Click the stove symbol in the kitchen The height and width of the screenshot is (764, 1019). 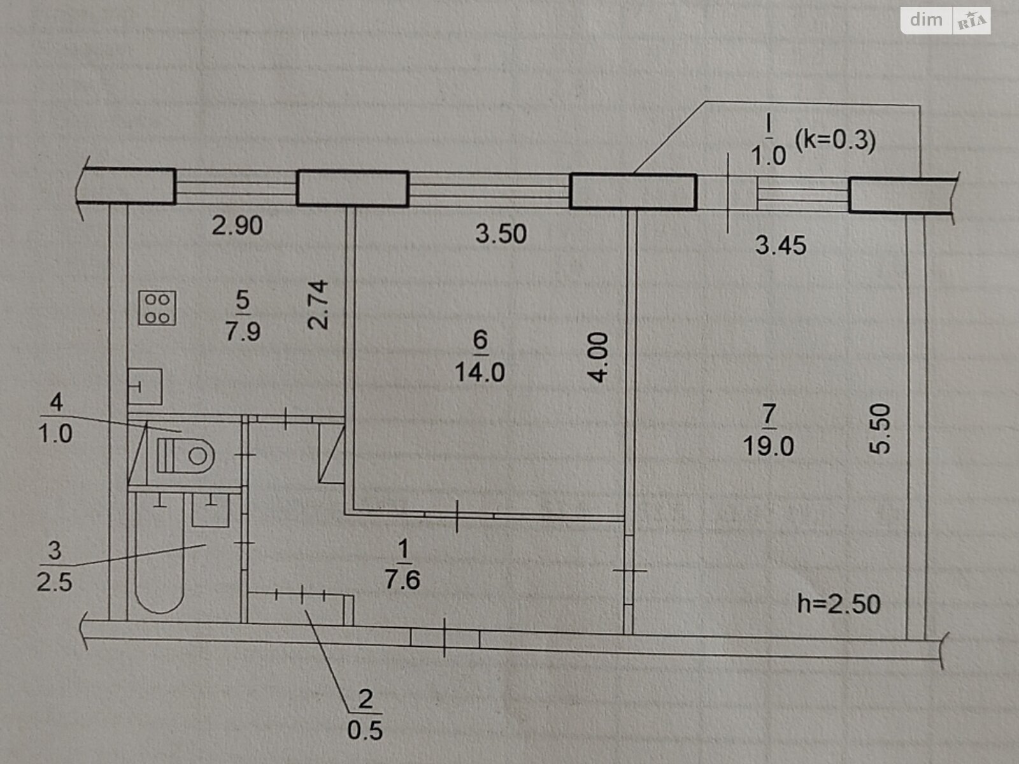point(157,308)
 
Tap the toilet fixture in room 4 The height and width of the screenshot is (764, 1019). point(186,455)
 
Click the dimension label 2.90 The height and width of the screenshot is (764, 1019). point(237,225)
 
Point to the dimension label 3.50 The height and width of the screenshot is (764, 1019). point(501,234)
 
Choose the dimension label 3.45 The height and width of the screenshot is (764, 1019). point(781,245)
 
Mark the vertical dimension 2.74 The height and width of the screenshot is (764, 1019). point(318,304)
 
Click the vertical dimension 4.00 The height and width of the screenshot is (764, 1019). point(599,357)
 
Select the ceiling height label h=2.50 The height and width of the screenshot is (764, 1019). point(839,604)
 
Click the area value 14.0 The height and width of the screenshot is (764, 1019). point(480,372)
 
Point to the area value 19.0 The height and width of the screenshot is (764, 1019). point(768,446)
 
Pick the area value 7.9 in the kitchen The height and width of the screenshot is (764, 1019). point(243,332)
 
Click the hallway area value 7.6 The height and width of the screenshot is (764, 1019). point(403,580)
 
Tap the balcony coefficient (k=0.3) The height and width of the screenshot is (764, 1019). point(835,139)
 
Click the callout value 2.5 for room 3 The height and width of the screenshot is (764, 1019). point(54,582)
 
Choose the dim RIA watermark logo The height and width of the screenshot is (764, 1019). point(945,20)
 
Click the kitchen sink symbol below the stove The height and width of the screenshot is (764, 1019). point(145,386)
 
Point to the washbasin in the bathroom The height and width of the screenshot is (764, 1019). point(211,510)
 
